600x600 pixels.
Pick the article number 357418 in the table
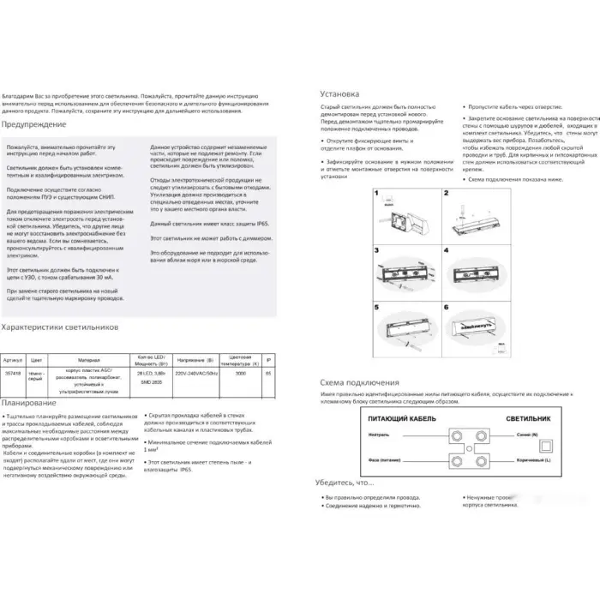point(14,374)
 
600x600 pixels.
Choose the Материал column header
point(87,361)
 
